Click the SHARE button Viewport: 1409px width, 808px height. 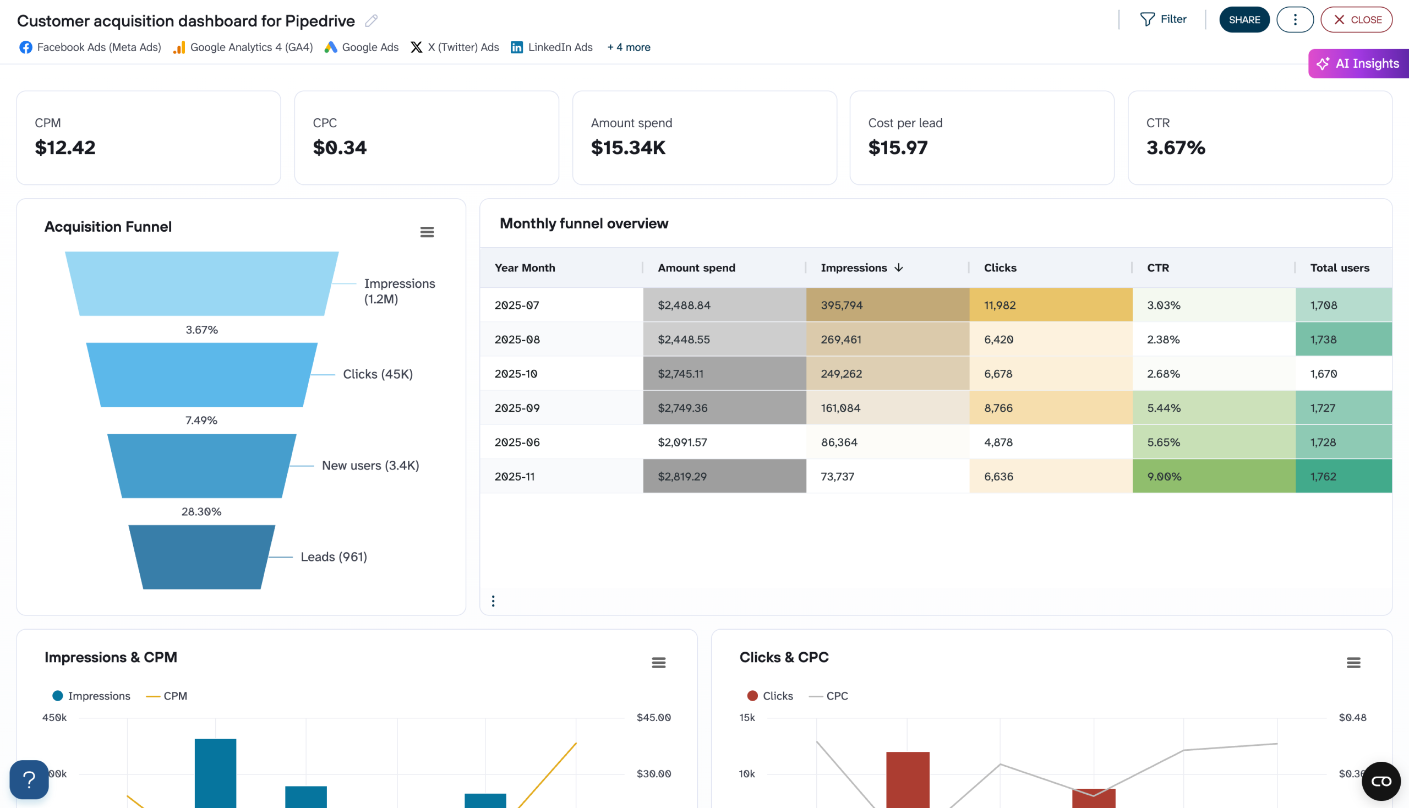[x=1244, y=20]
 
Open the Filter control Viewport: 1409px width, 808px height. [x=1163, y=19]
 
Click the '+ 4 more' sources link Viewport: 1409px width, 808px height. [x=628, y=47]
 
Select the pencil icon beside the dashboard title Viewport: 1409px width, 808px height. [x=372, y=21]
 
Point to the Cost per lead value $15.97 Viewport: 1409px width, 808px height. [x=897, y=148]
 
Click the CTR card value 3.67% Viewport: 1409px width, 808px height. [x=1176, y=148]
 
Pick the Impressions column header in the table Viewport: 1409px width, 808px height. [x=854, y=267]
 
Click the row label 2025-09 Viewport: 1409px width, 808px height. [x=517, y=408]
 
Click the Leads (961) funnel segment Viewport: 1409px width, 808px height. [x=201, y=556]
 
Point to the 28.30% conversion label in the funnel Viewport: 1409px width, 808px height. [x=201, y=511]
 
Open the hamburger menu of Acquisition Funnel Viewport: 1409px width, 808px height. [x=427, y=232]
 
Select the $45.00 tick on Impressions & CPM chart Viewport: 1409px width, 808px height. [x=653, y=717]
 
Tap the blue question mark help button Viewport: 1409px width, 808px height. [x=29, y=779]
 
